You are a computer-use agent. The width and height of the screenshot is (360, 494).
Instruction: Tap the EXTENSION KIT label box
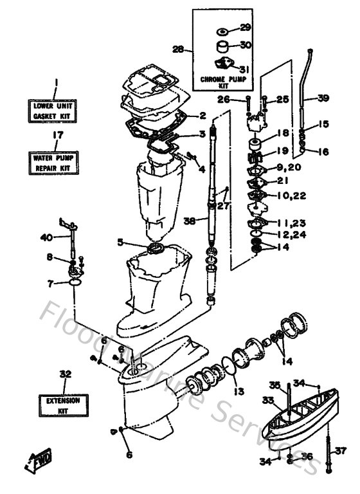pos(63,404)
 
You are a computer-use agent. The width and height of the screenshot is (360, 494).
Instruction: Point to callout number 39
pos(323,98)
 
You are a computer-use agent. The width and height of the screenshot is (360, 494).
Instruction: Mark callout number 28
pos(178,49)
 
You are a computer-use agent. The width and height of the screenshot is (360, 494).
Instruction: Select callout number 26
pos(223,99)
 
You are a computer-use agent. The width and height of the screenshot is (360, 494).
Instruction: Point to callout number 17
pos(57,135)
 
